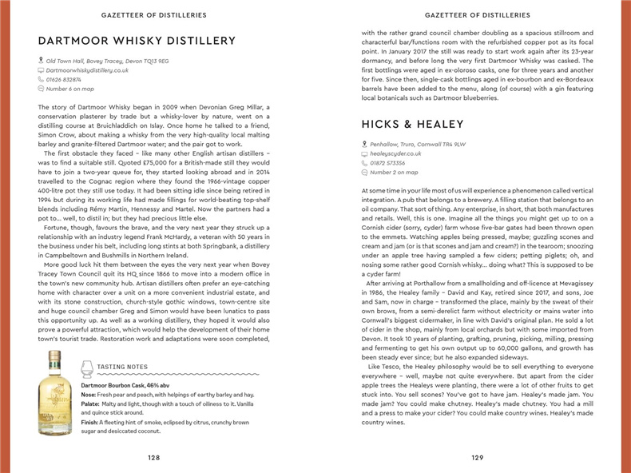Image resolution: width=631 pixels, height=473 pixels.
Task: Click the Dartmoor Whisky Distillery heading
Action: click(x=137, y=41)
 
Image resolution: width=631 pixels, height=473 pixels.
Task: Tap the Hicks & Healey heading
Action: click(x=412, y=124)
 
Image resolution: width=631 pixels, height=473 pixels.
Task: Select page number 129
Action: click(x=477, y=458)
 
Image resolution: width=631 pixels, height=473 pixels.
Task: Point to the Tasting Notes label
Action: click(x=121, y=368)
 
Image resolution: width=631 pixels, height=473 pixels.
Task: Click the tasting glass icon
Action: click(x=87, y=368)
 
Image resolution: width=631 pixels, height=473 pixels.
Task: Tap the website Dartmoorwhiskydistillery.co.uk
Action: click(x=88, y=70)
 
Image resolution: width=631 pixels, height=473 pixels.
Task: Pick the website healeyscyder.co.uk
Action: click(x=395, y=153)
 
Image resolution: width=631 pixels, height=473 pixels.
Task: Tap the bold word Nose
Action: click(x=88, y=395)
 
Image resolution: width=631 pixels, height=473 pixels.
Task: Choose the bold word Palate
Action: click(x=89, y=404)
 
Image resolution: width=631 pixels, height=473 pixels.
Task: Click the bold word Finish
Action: click(x=89, y=422)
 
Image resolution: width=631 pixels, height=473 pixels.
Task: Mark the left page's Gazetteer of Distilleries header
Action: click(x=155, y=14)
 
